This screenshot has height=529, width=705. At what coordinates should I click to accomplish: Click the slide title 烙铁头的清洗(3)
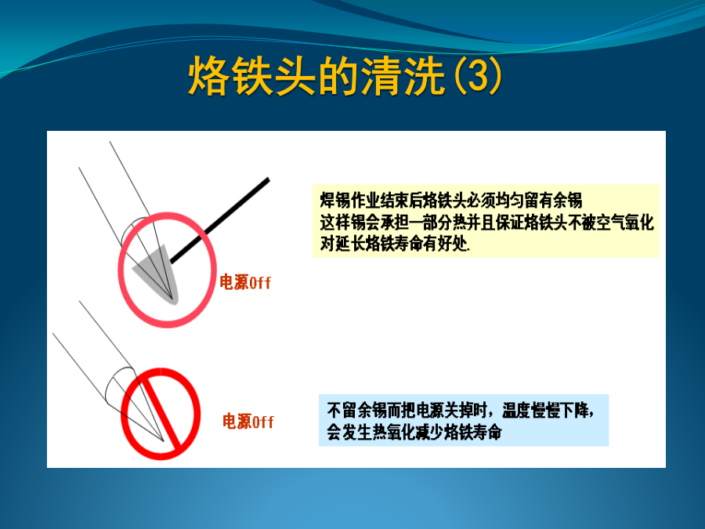pyautogui.click(x=345, y=77)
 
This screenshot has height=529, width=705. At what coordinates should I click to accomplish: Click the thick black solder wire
pyautogui.click(x=220, y=220)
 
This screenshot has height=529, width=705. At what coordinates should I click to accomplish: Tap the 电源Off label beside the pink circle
pyautogui.click(x=245, y=282)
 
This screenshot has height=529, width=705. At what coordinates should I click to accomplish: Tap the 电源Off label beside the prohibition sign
pyautogui.click(x=248, y=422)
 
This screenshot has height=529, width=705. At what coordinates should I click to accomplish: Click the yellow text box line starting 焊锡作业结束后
pyautogui.click(x=451, y=200)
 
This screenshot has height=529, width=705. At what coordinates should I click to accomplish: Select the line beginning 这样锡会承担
pyautogui.click(x=487, y=223)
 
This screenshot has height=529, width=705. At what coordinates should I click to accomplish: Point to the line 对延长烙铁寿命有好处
pyautogui.click(x=395, y=244)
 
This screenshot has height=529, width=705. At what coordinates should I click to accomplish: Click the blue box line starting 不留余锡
pyautogui.click(x=461, y=410)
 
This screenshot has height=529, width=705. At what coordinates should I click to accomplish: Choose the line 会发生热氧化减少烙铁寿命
pyautogui.click(x=414, y=432)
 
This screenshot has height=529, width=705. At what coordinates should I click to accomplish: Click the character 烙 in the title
pyautogui.click(x=208, y=77)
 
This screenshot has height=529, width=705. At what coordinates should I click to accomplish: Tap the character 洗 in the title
pyautogui.click(x=425, y=77)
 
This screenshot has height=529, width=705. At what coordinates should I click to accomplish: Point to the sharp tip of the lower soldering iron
pyautogui.click(x=163, y=440)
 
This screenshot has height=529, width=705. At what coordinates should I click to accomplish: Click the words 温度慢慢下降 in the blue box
pyautogui.click(x=546, y=410)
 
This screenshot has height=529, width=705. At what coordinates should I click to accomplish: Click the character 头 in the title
pyautogui.click(x=295, y=77)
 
